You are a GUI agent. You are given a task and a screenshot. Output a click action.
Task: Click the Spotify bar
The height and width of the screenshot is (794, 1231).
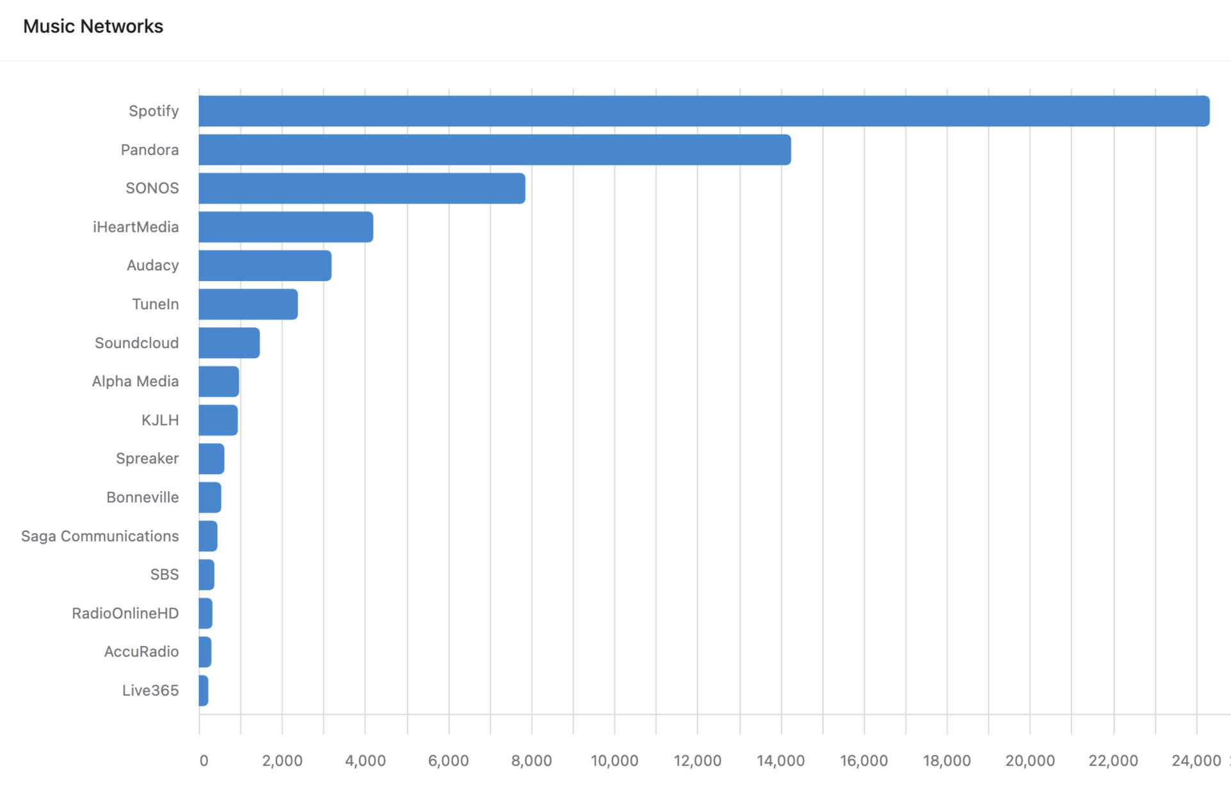pyautogui.click(x=704, y=111)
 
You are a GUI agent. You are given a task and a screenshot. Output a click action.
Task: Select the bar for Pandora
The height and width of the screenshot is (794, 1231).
pyautogui.click(x=494, y=150)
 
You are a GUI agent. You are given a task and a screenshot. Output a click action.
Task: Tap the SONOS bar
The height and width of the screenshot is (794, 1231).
pyautogui.click(x=362, y=188)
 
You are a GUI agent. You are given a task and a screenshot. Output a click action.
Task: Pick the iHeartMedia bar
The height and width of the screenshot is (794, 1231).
pyautogui.click(x=286, y=227)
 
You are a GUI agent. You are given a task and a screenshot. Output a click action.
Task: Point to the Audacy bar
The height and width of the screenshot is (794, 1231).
pyautogui.click(x=265, y=266)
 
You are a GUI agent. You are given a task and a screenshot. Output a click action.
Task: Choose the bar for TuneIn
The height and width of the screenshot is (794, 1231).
pyautogui.click(x=248, y=304)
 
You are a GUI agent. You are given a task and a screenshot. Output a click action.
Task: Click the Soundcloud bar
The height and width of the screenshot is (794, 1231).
pyautogui.click(x=229, y=343)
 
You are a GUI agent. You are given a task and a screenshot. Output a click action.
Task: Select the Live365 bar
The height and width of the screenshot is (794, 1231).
pyautogui.click(x=204, y=691)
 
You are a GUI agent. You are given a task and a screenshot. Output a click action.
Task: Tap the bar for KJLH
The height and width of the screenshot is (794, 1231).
pyautogui.click(x=218, y=420)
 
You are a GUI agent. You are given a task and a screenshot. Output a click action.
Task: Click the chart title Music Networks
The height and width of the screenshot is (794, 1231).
pyautogui.click(x=93, y=26)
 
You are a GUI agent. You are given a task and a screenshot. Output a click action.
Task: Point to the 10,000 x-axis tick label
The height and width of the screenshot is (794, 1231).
pyautogui.click(x=614, y=761)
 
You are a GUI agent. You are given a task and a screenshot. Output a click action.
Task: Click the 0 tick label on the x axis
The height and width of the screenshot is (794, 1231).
pyautogui.click(x=204, y=761)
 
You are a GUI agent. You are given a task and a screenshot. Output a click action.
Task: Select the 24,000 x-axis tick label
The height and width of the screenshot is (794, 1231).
pyautogui.click(x=1196, y=761)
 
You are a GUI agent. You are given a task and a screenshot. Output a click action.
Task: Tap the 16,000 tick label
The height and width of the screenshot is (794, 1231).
pyautogui.click(x=864, y=761)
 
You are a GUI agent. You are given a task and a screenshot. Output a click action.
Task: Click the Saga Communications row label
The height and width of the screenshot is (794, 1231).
pyautogui.click(x=100, y=536)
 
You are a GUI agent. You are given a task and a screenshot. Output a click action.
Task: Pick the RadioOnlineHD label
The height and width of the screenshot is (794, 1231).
pyautogui.click(x=125, y=613)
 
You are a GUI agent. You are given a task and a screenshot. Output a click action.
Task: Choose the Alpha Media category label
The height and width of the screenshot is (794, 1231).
pyautogui.click(x=135, y=382)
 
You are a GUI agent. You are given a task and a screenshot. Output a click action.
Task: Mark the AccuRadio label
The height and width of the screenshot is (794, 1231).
pyautogui.click(x=141, y=652)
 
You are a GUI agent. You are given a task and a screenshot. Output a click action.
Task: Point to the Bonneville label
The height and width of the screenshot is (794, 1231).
pyautogui.click(x=142, y=498)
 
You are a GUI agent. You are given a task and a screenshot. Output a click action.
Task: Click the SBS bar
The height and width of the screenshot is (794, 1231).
pyautogui.click(x=206, y=575)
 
